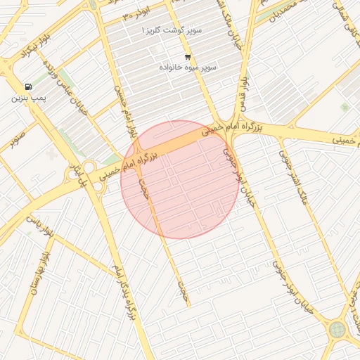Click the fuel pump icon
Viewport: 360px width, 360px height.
coord(27,86)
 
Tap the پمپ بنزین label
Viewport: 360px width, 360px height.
coord(27,98)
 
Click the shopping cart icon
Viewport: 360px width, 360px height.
coord(187,57)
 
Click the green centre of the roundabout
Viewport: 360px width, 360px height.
coord(337,329)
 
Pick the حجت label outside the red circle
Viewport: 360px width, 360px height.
coord(184,288)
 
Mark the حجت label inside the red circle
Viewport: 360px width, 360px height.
coord(146,188)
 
